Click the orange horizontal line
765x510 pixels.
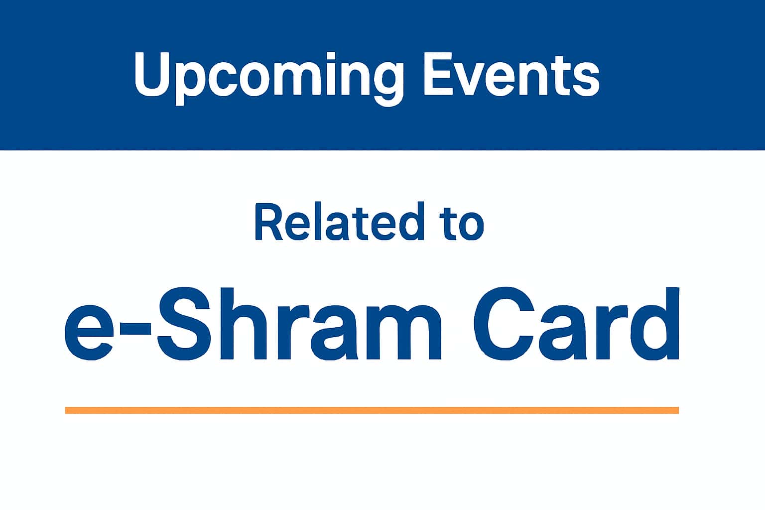[372, 410]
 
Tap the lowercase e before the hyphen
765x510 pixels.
[90, 333]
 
